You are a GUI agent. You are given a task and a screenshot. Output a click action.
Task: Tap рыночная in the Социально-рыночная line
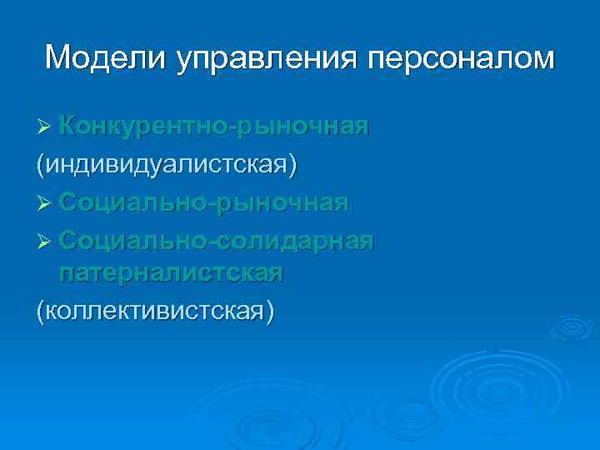282,204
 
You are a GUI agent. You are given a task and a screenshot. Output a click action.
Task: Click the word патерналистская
171,273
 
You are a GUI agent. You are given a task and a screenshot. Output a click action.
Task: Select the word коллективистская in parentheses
154,311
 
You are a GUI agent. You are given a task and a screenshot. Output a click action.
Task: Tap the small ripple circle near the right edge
571,327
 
